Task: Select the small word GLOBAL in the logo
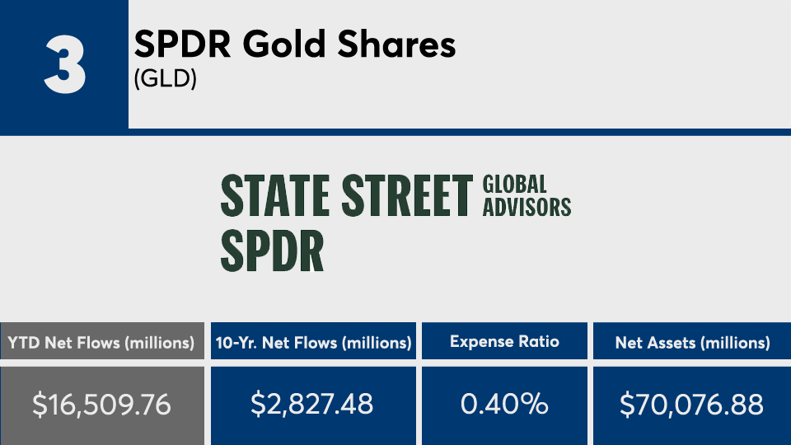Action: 515,185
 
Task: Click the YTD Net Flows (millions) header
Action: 101,342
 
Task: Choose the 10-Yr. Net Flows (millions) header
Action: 313,342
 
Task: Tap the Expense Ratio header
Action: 504,342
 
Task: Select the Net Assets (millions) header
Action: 692,342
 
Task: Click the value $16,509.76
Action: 101,405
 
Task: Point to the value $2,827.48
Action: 313,405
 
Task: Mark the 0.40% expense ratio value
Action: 504,405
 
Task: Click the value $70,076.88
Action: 692,405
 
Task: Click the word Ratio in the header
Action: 539,342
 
